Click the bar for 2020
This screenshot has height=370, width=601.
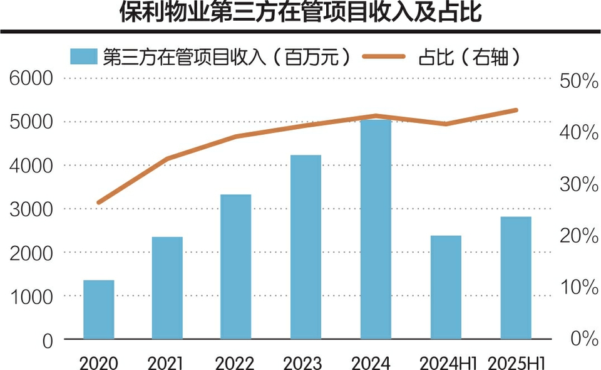tap(99, 309)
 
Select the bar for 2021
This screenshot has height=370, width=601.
tap(167, 288)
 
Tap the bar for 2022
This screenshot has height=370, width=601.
tap(235, 267)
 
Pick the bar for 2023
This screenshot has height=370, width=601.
tap(306, 246)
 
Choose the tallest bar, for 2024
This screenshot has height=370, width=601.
tap(376, 229)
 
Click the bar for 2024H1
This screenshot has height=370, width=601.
tap(446, 287)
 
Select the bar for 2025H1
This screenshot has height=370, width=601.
tap(516, 278)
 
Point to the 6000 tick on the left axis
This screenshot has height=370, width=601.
tap(31, 78)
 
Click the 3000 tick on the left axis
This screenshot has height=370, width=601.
tap(31, 209)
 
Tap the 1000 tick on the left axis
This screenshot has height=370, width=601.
tap(31, 297)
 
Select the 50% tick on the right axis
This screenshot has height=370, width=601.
tap(578, 81)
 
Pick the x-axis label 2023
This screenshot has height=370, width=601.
tap(304, 362)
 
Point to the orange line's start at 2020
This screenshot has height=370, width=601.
tap(99, 203)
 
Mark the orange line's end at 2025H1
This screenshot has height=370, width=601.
tap(516, 110)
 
